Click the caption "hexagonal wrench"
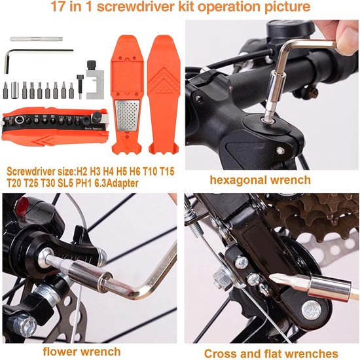(260, 180)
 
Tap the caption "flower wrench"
(82, 351)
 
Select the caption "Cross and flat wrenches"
(271, 353)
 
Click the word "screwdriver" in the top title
(135, 7)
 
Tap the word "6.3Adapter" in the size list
(117, 183)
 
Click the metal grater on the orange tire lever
(127, 115)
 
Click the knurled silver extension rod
(37, 39)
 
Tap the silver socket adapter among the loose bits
(14, 90)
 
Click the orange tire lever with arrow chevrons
(164, 95)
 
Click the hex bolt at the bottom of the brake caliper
(25, 325)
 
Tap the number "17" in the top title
(57, 7)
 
